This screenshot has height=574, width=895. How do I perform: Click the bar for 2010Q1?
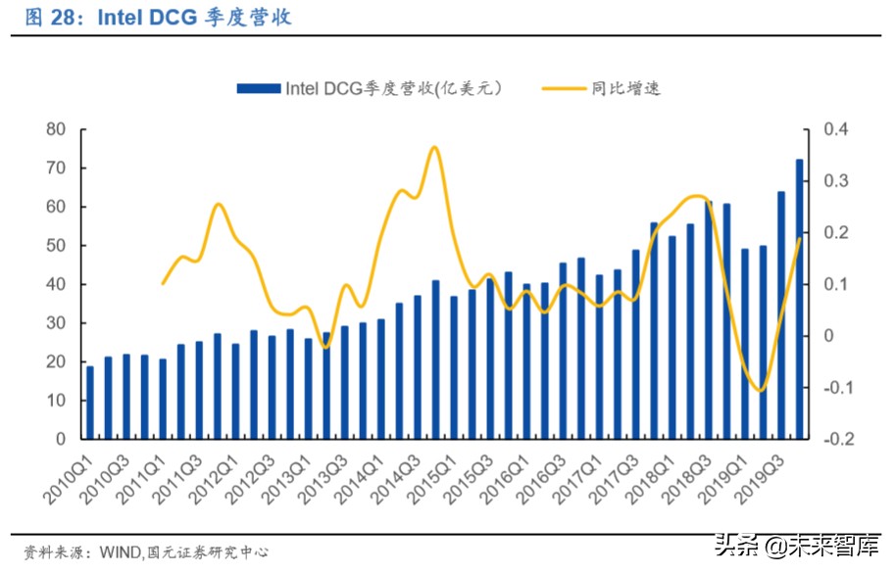coord(90,403)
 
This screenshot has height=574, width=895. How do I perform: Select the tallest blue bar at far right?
coord(799,299)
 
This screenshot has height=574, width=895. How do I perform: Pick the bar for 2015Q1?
coord(454,367)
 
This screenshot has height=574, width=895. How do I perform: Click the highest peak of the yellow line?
coord(434,148)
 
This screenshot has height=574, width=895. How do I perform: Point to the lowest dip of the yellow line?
coord(761,390)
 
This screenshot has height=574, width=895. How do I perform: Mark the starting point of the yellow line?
coord(163,283)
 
